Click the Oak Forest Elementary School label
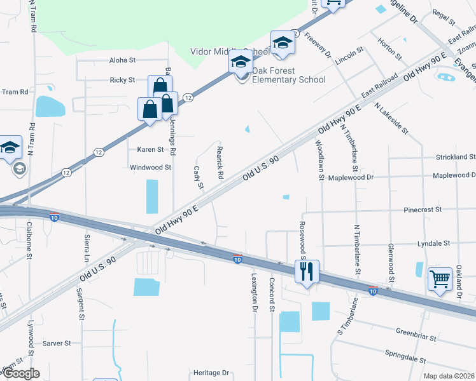[x=288, y=75]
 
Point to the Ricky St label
[x=122, y=80]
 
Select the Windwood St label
[x=151, y=168]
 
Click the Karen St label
[x=150, y=150]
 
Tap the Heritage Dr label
[x=212, y=373]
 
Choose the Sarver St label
[x=57, y=343]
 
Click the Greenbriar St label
[x=414, y=331]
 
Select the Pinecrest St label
[x=423, y=209]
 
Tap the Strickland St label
[x=455, y=157]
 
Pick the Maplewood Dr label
[x=453, y=175]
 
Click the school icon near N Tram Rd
[x=11, y=147]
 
